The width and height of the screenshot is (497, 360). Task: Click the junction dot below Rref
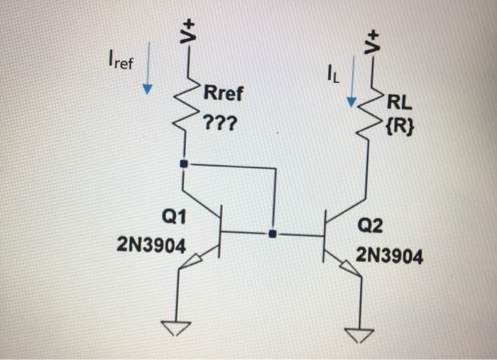pos(185,164)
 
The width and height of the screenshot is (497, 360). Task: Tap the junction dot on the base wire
pos(273,233)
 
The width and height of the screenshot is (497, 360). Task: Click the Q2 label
pos(370,227)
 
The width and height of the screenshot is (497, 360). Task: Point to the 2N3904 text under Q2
pos(389,254)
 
